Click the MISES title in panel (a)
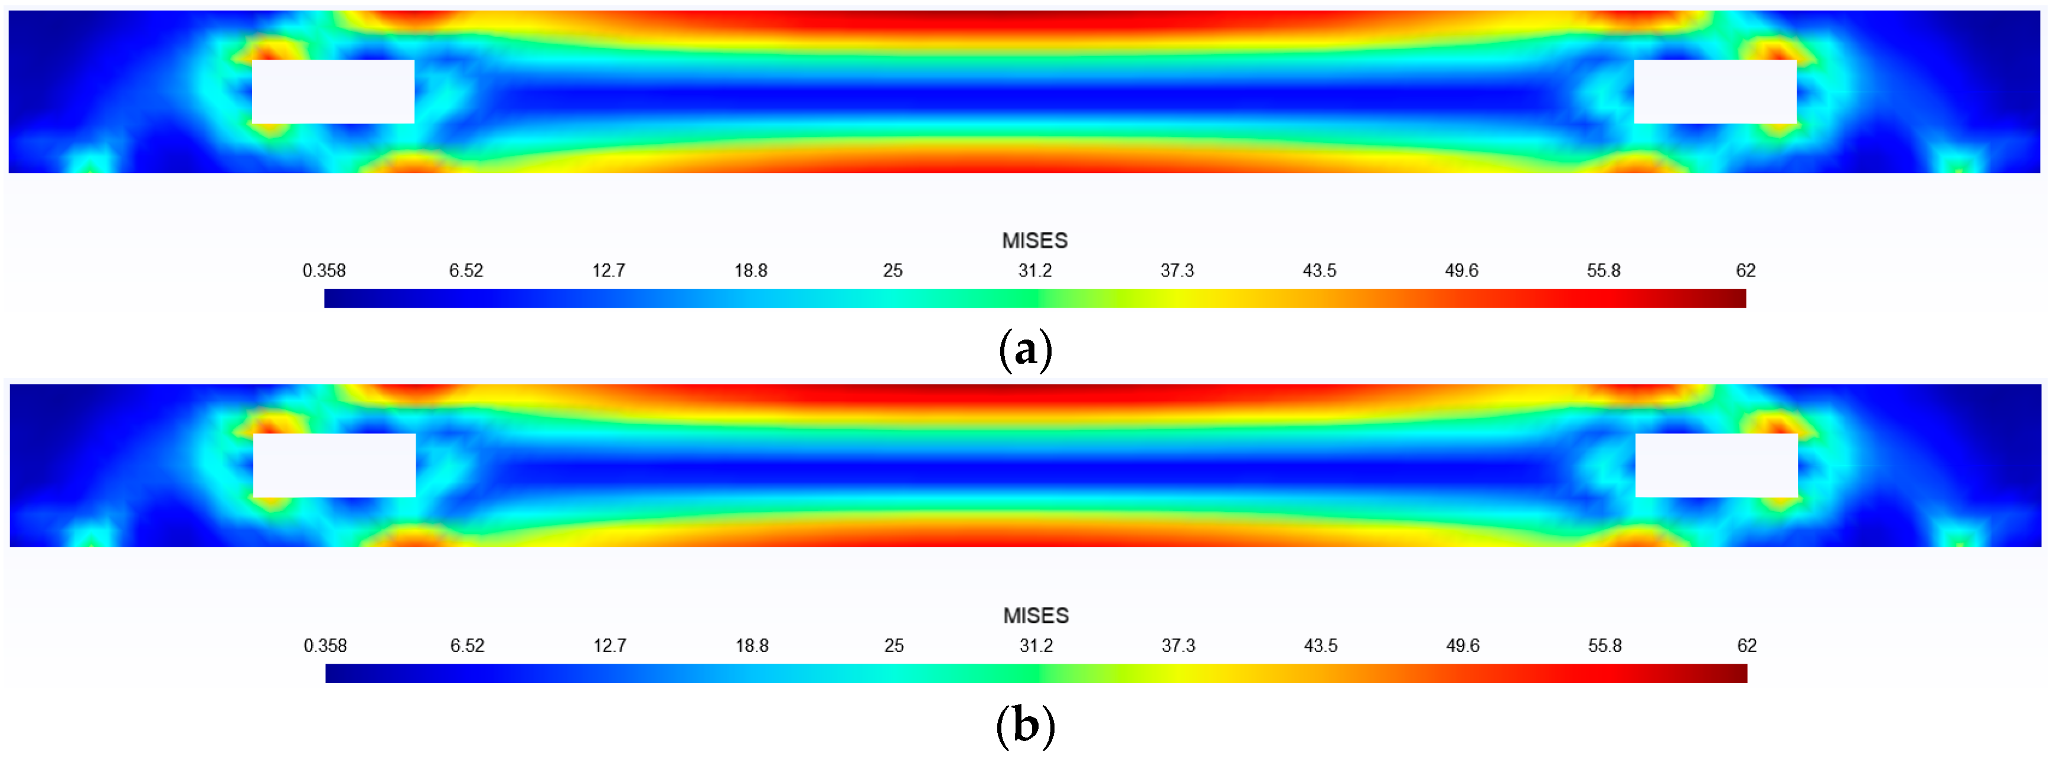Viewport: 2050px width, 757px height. (1034, 240)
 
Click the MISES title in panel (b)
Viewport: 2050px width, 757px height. (1036, 615)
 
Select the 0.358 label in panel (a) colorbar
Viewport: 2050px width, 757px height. (324, 270)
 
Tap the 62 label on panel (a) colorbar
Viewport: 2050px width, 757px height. (1745, 270)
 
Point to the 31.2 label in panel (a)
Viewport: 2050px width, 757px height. (1034, 270)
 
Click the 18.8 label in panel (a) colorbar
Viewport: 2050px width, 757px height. (750, 270)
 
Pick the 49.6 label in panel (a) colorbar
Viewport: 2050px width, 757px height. (1461, 270)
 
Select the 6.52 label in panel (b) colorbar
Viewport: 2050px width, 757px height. (467, 645)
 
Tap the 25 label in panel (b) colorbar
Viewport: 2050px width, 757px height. (894, 645)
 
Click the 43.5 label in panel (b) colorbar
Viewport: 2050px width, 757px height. (1320, 645)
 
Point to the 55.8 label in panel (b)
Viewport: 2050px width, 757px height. (1604, 645)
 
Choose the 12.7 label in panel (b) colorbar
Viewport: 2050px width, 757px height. (609, 645)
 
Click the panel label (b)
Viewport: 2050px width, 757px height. (1025, 725)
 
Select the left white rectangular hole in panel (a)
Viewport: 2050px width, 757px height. (332, 92)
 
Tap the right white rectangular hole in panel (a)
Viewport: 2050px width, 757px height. (1715, 92)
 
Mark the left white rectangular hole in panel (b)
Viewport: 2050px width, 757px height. (334, 466)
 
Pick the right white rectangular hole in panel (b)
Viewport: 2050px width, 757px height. (1716, 466)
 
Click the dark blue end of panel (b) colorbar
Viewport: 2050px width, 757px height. (334, 673)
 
